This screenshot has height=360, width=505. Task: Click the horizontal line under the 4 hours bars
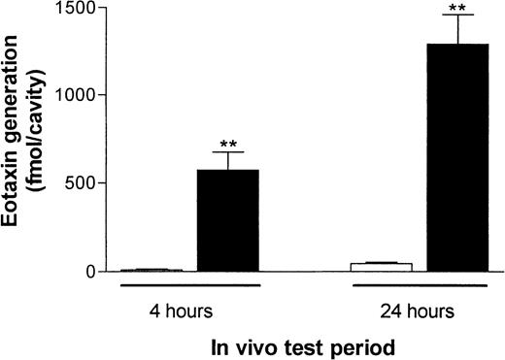click(189, 286)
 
